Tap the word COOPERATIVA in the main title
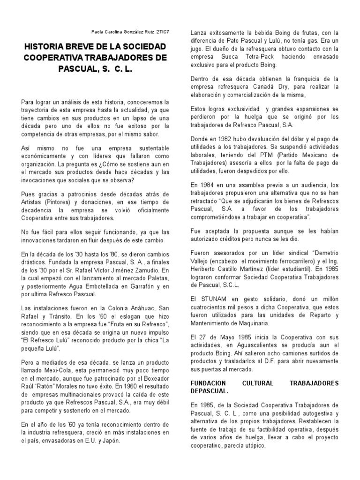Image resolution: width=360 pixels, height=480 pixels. pyautogui.click(x=56, y=58)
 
